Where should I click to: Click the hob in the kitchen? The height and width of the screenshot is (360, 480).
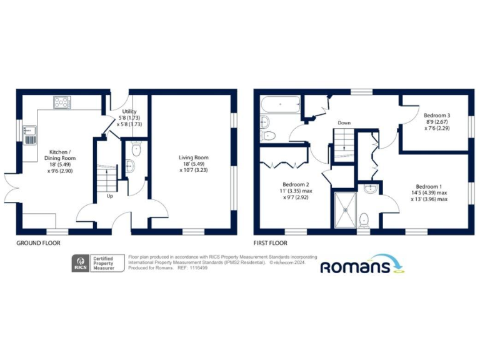click(x=62, y=101)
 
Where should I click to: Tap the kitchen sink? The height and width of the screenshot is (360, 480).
click(x=29, y=135)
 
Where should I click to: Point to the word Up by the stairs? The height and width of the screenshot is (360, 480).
click(x=110, y=196)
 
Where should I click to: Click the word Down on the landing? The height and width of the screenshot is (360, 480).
click(x=344, y=122)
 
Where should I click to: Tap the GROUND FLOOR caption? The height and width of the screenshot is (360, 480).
click(x=39, y=243)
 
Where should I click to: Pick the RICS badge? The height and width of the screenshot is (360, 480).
click(x=80, y=263)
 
